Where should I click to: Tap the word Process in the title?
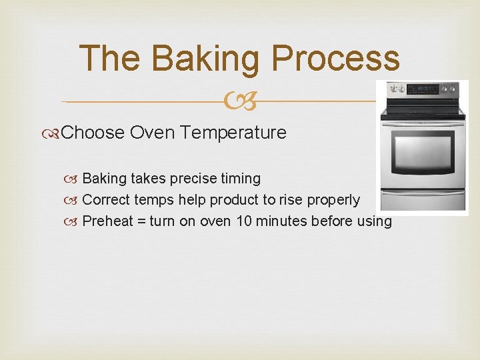pos(335,58)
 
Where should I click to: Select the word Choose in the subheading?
pos(93,133)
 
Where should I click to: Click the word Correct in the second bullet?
pos(106,200)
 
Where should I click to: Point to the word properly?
pos(333,200)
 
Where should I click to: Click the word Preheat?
pos(107,221)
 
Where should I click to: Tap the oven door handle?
pos(421,122)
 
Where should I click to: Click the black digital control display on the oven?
pos(423,89)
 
